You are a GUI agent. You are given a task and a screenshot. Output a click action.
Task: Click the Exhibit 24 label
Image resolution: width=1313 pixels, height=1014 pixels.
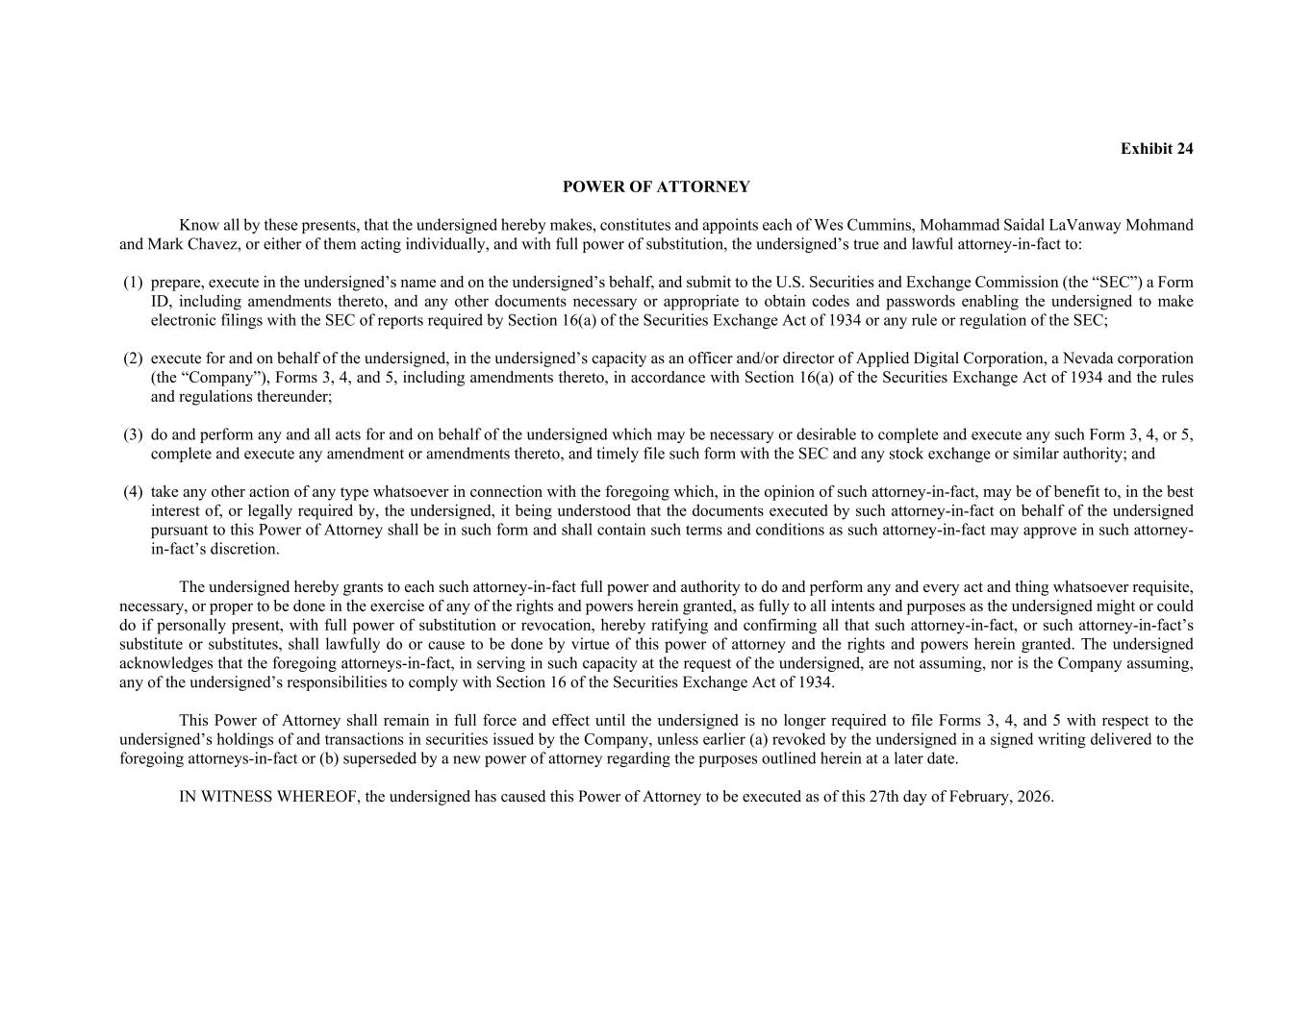[1156, 149]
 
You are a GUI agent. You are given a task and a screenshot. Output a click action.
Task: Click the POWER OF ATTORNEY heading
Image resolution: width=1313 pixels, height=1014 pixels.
[656, 186]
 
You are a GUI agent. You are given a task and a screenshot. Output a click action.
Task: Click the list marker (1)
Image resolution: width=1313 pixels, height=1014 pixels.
[133, 283]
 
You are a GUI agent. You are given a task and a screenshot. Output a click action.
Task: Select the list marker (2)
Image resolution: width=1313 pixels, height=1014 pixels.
[133, 359]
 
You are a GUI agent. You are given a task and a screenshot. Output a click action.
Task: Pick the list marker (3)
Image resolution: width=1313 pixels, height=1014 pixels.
[133, 434]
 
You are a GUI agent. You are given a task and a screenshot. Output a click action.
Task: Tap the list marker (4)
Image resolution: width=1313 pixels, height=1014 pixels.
[133, 492]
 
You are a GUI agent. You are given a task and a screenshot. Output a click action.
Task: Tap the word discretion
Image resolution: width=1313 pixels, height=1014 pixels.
[244, 549]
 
